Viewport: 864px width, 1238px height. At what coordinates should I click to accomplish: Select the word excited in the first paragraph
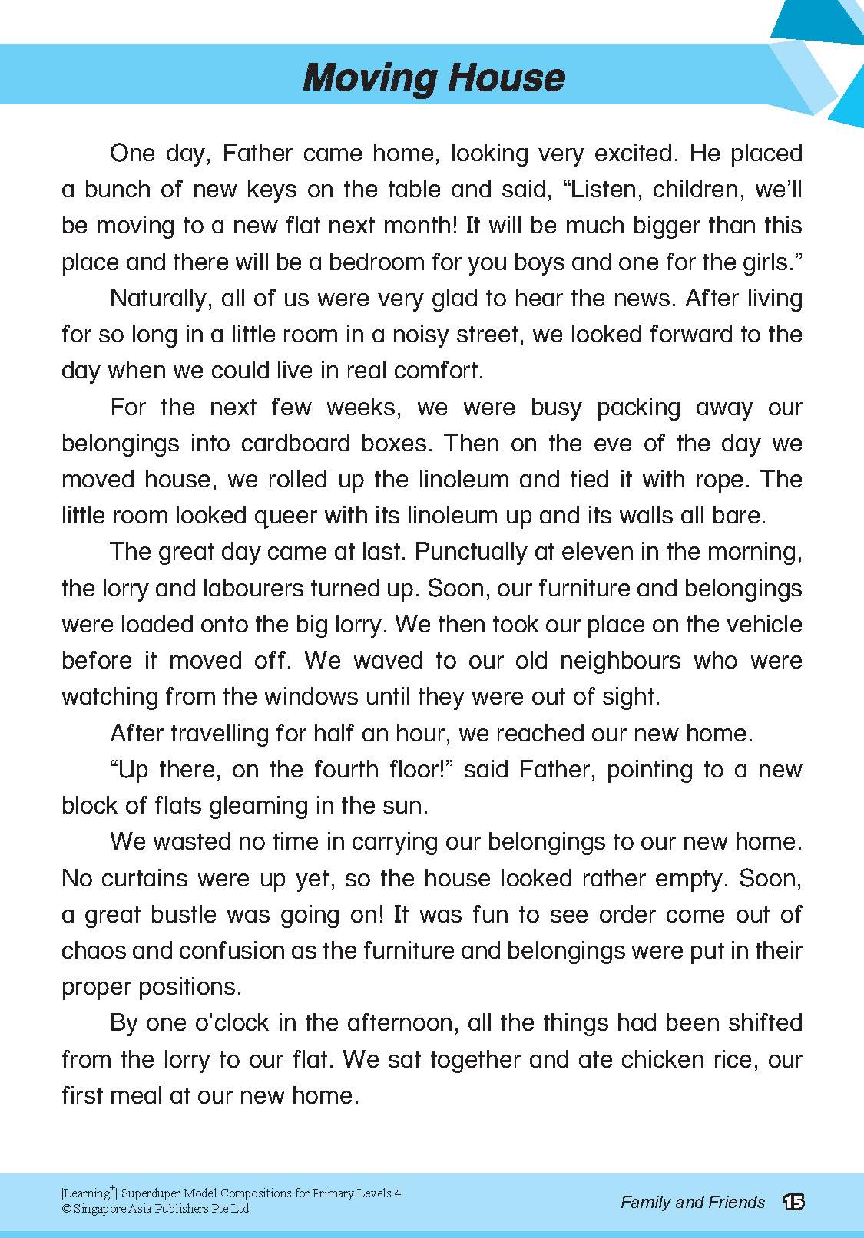[631, 154]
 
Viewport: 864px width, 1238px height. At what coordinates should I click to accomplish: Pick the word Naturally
[160, 299]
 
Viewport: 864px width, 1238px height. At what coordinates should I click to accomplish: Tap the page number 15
[793, 1202]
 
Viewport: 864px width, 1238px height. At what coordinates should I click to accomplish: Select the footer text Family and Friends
[693, 1202]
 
